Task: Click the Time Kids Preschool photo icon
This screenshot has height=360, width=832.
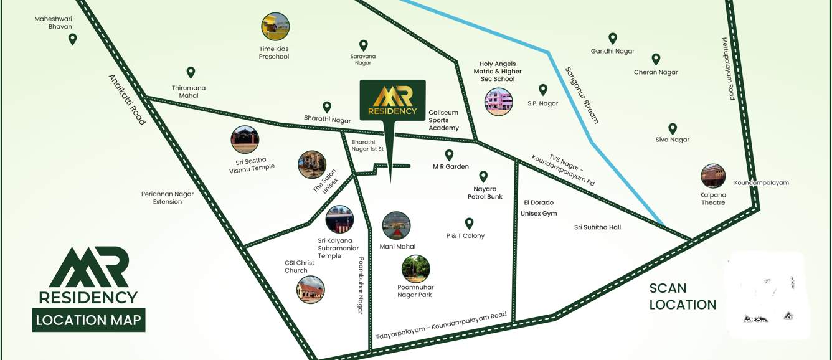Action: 275,27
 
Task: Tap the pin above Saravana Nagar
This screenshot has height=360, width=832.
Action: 364,45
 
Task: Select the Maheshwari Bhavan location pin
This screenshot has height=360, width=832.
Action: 72,39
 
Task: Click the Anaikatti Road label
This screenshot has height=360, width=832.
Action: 127,100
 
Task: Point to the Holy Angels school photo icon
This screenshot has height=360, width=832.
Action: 499,102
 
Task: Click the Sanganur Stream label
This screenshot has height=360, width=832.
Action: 582,95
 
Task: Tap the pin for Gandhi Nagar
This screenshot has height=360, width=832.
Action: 613,39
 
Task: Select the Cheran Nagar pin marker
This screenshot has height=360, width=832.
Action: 656,59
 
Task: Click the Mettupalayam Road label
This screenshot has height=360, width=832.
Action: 728,69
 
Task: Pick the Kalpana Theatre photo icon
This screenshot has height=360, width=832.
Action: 713,176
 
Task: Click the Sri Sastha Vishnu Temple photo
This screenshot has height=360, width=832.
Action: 245,140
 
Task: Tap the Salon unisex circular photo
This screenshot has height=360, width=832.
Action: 312,164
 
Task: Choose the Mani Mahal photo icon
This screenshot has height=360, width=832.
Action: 397,225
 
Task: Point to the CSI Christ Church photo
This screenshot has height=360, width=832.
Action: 311,290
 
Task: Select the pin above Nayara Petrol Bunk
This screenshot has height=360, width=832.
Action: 483,177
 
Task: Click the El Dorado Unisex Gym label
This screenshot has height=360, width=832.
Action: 539,208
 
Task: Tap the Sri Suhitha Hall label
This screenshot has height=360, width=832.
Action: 597,227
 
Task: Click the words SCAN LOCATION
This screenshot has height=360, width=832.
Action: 683,296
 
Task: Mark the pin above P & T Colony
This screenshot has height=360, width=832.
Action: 470,223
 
